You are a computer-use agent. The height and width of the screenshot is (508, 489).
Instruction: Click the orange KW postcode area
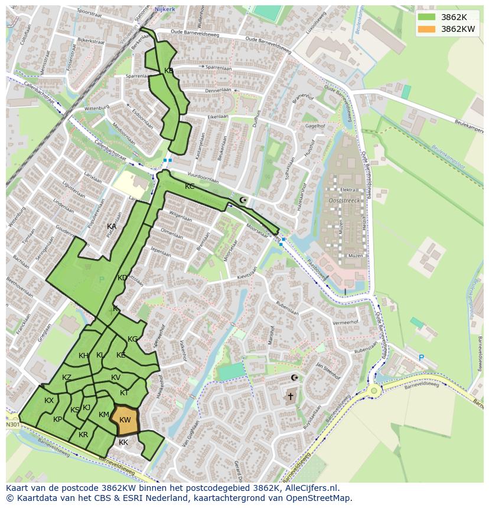125,420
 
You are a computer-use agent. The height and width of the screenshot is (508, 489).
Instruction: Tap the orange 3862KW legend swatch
427,29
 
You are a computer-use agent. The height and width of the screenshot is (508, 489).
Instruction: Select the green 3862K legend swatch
427,17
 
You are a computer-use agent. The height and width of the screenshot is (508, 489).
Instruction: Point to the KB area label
169,71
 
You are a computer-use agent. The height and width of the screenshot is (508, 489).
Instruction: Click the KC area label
190,186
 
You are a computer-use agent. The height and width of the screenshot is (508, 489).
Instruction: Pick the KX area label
49,401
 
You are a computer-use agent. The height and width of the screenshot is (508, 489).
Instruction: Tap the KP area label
57,419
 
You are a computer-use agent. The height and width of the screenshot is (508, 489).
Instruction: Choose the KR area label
83,435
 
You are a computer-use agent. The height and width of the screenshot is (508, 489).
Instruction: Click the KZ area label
67,378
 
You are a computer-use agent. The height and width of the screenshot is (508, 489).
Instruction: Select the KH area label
84,355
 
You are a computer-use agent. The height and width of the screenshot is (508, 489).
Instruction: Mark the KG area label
132,339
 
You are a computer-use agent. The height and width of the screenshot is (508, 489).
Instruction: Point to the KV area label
116,378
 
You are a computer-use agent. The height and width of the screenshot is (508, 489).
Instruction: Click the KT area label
124,393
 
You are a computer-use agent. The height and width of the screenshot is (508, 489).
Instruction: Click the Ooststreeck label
344,201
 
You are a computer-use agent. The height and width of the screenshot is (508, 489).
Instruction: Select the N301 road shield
12,425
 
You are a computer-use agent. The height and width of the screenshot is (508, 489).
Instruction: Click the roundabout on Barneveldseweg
374,390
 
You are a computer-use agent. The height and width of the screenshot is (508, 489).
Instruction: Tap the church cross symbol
290,396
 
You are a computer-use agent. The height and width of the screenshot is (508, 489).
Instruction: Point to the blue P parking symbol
421,358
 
